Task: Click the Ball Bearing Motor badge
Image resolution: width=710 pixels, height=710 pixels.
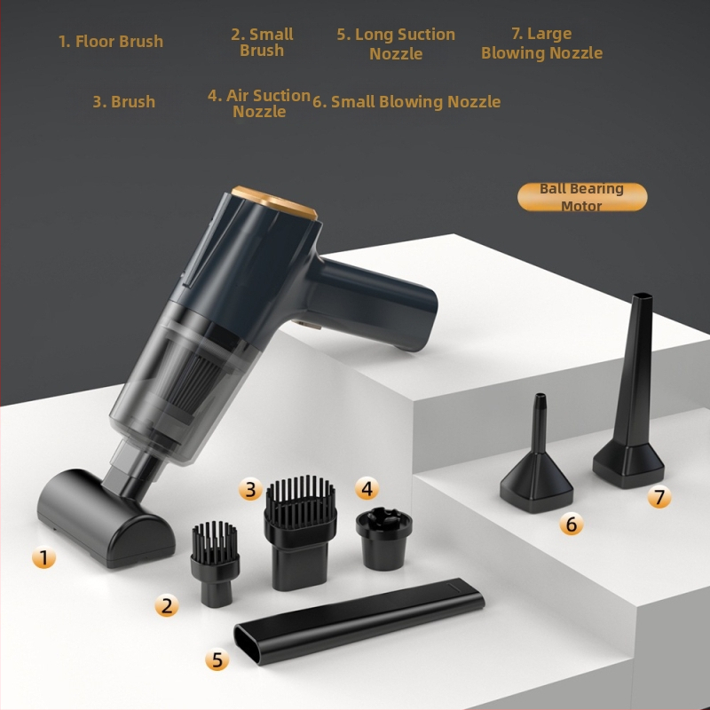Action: (x=582, y=196)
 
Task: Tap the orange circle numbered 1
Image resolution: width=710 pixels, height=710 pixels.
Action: (x=43, y=557)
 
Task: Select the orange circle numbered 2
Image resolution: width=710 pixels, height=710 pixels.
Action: (x=166, y=605)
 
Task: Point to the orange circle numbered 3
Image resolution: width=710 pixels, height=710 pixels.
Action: (x=250, y=488)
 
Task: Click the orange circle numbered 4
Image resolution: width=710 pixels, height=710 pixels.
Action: (x=367, y=488)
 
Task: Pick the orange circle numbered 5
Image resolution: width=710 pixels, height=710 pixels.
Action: (x=217, y=659)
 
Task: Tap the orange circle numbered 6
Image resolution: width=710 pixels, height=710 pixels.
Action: (x=572, y=525)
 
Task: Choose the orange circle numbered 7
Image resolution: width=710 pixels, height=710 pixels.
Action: (x=659, y=497)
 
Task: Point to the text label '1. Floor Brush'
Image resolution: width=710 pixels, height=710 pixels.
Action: (x=111, y=42)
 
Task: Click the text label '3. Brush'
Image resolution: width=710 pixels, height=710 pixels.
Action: (x=123, y=102)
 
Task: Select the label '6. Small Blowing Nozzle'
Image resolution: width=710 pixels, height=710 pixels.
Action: (x=406, y=102)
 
